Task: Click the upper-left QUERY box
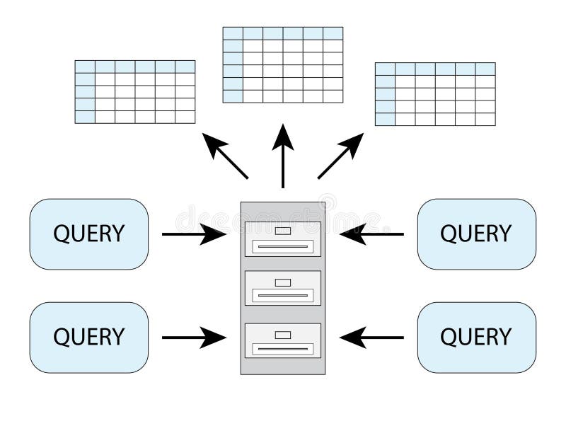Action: [89, 234]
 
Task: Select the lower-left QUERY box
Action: [89, 338]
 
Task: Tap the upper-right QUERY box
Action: [476, 234]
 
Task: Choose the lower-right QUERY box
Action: [476, 338]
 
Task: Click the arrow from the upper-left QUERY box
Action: [194, 234]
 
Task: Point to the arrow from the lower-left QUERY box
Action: [194, 338]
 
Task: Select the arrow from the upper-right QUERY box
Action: [372, 234]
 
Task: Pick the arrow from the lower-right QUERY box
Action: [372, 338]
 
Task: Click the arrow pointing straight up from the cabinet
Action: [283, 156]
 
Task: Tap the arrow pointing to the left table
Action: [225, 156]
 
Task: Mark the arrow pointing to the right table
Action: [340, 156]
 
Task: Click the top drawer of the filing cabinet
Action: [283, 239]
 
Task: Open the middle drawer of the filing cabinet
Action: [283, 288]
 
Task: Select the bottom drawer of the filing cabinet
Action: [283, 340]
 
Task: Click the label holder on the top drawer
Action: [283, 231]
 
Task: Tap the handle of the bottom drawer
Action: [283, 349]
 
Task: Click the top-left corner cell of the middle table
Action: [233, 33]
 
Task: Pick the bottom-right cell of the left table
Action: [185, 117]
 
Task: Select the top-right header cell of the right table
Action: [485, 69]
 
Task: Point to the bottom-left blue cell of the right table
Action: [385, 119]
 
